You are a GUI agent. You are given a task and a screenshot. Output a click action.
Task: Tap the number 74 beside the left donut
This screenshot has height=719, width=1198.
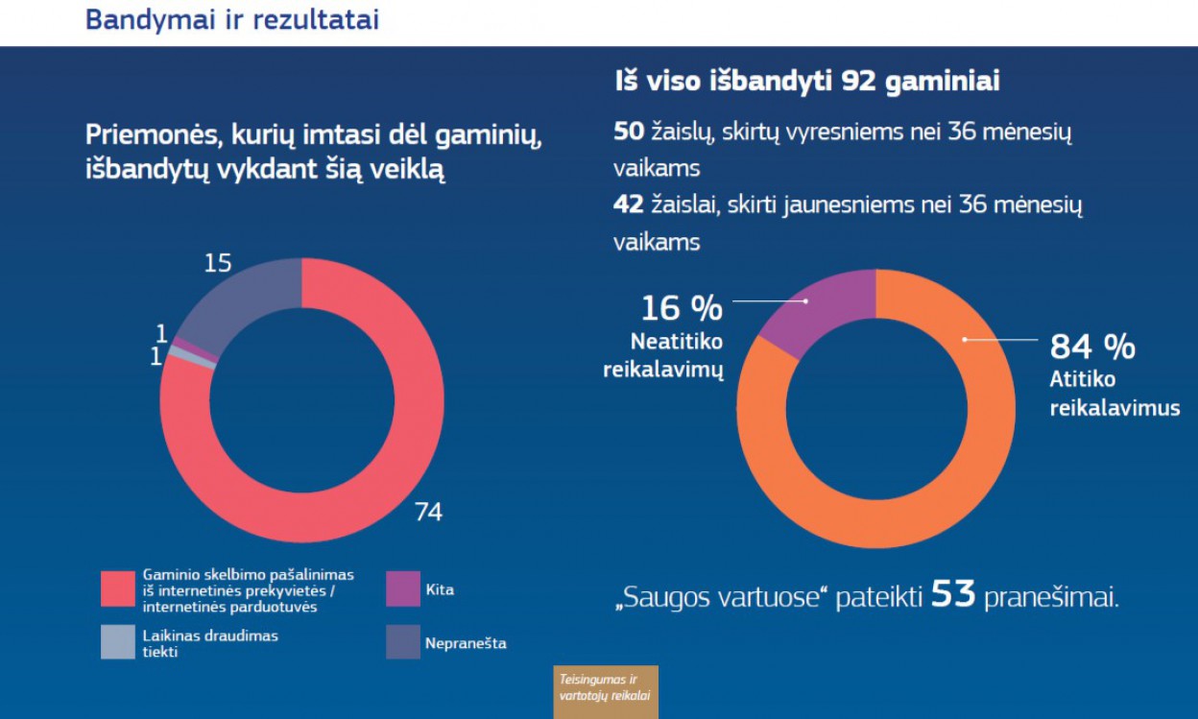pyautogui.click(x=427, y=512)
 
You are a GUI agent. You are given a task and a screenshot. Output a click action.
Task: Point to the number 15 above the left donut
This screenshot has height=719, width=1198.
pyautogui.click(x=218, y=262)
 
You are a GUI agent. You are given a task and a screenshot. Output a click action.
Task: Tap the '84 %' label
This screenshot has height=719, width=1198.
pyautogui.click(x=1092, y=347)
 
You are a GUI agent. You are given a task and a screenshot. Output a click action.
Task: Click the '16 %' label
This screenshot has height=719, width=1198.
pyautogui.click(x=682, y=309)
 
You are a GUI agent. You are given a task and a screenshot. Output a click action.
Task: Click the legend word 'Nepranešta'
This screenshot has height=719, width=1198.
pyautogui.click(x=466, y=643)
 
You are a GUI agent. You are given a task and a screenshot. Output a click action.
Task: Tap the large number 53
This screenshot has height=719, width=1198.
pyautogui.click(x=953, y=595)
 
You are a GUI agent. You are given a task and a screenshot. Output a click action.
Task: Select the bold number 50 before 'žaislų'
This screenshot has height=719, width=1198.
pyautogui.click(x=629, y=132)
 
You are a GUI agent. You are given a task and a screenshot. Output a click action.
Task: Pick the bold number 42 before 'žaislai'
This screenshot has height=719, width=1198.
pyautogui.click(x=629, y=205)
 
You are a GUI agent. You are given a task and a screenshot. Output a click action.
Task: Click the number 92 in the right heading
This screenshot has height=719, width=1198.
pyautogui.click(x=860, y=83)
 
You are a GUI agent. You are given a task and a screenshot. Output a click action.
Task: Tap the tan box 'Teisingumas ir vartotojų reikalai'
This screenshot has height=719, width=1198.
pyautogui.click(x=605, y=691)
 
